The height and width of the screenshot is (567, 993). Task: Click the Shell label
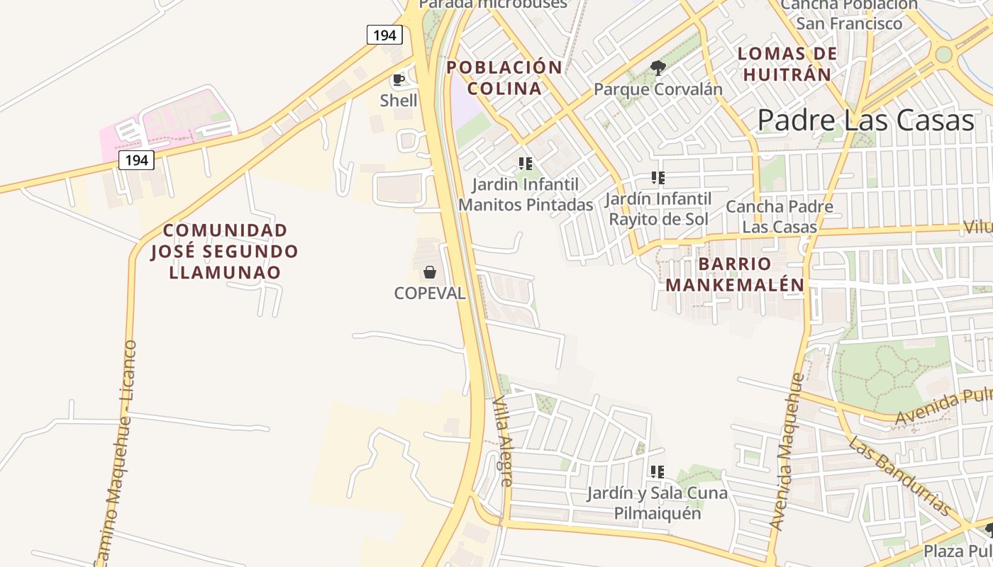coord(399,100)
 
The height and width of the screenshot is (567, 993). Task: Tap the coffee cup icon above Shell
coord(399,79)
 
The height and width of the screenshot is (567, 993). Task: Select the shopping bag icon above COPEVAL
coord(430,271)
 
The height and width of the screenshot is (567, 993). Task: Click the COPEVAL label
coord(430,293)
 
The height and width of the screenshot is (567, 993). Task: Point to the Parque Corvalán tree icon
coord(658,68)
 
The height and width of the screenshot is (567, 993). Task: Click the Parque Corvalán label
coord(658,89)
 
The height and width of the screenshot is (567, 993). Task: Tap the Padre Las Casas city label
coord(866,120)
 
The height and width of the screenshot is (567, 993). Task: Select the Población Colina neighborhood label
coord(504,78)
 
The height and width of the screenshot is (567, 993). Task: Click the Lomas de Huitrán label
coord(787,64)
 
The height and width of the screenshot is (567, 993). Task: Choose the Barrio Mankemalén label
coord(735,274)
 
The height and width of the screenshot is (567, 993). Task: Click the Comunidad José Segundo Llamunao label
coord(224,251)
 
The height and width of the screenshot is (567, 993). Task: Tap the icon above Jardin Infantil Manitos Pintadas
coord(526,164)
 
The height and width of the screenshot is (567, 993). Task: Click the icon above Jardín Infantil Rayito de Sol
coord(658,178)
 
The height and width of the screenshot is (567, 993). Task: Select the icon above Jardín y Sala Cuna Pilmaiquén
coord(658,471)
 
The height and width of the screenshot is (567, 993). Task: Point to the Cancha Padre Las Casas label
coord(780,217)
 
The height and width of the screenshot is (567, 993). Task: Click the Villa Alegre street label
coord(502,441)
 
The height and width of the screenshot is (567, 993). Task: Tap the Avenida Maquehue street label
coord(788,452)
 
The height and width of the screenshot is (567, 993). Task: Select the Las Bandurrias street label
coord(899,476)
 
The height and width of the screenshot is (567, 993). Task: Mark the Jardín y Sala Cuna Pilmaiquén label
coord(658,503)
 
